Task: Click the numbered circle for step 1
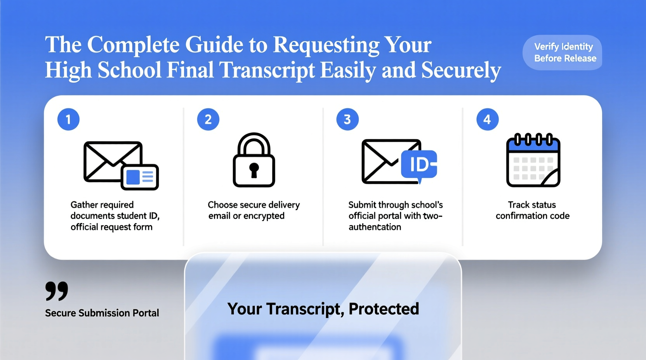click(x=68, y=119)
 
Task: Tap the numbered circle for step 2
click(x=208, y=119)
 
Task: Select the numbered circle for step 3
click(x=347, y=119)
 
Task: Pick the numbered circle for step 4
click(x=487, y=119)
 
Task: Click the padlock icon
click(x=254, y=160)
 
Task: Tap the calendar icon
click(x=533, y=160)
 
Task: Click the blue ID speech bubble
click(x=419, y=164)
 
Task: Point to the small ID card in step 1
click(x=140, y=177)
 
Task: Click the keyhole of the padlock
click(x=254, y=170)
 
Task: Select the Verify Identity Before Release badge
click(x=563, y=52)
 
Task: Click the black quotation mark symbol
click(x=57, y=291)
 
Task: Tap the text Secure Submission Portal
click(x=102, y=313)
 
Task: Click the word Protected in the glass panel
click(x=384, y=309)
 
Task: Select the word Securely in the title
click(x=461, y=70)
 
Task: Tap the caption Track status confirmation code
click(x=532, y=210)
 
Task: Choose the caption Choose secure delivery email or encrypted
click(x=254, y=210)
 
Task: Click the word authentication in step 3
click(x=375, y=227)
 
